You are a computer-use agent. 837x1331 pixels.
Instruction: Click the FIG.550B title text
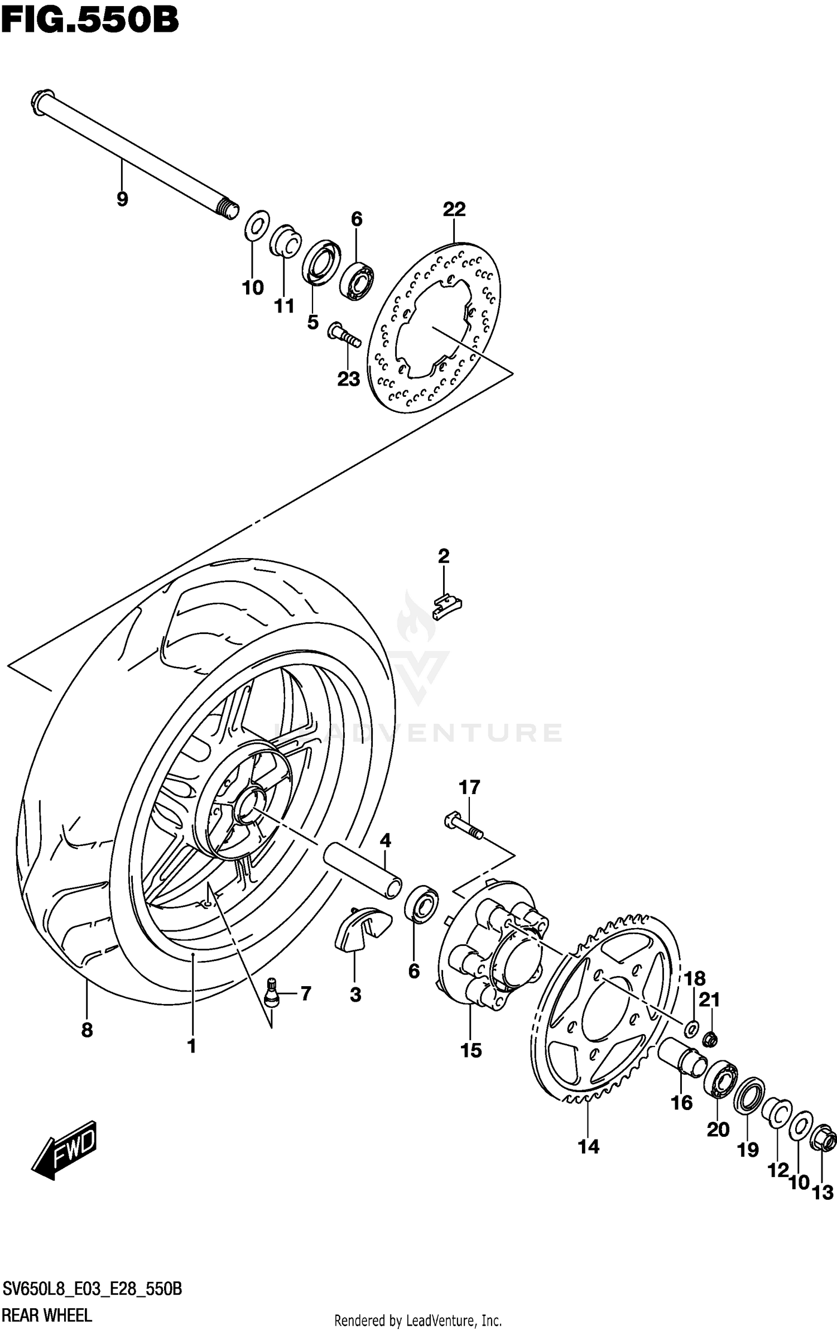(89, 21)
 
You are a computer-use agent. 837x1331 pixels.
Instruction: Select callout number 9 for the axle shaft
(122, 199)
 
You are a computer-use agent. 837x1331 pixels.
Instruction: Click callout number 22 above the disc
(454, 210)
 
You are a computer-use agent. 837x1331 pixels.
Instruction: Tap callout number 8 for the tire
(87, 1030)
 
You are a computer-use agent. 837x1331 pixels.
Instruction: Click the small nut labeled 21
(710, 1039)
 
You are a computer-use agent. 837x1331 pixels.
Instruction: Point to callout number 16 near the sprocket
(681, 1103)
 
